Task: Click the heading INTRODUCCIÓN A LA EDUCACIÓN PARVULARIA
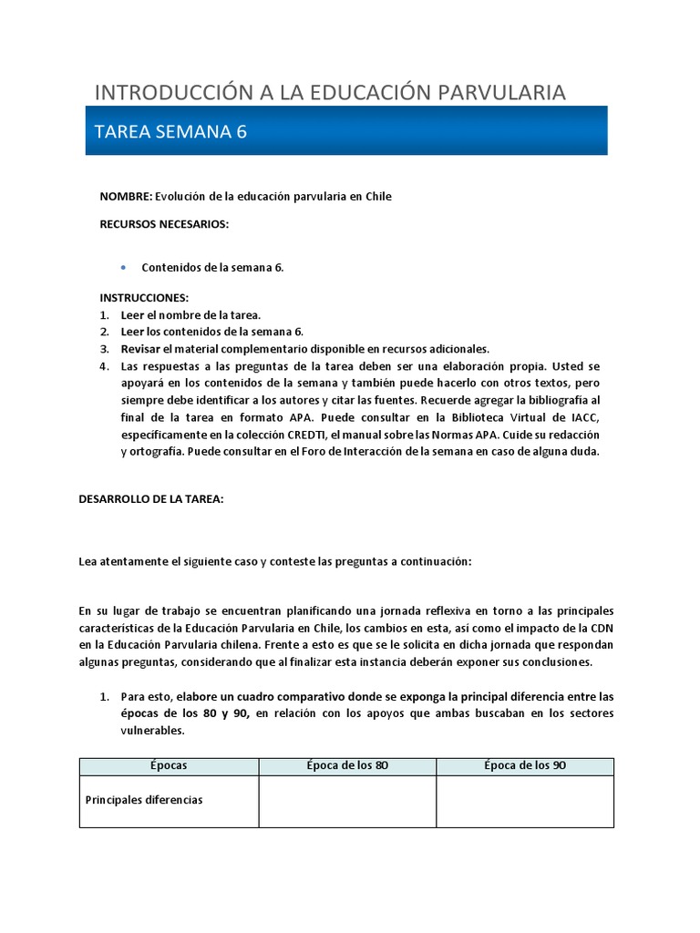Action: tap(330, 92)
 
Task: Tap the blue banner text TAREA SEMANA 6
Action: tap(170, 132)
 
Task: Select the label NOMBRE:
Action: tap(126, 197)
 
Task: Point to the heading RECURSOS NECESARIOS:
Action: tap(164, 224)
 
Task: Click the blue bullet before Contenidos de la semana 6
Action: tap(123, 267)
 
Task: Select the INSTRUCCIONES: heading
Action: tap(144, 298)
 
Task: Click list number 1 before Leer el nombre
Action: tap(104, 315)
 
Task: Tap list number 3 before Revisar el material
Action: tap(104, 349)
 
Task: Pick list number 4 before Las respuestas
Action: tap(104, 366)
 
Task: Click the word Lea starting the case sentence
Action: tap(88, 561)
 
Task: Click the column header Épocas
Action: tap(169, 765)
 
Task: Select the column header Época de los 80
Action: tap(347, 765)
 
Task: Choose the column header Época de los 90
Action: tap(525, 765)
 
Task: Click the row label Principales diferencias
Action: tap(144, 800)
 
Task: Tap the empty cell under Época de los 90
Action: tap(525, 801)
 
